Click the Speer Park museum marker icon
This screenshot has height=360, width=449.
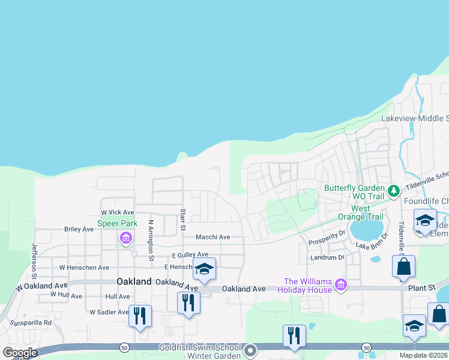pyautogui.click(x=125, y=238)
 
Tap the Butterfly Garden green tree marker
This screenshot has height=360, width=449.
pyautogui.click(x=394, y=191)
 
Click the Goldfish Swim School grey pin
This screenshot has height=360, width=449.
pyautogui.click(x=250, y=349)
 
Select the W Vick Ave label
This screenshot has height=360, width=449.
pyautogui.click(x=118, y=212)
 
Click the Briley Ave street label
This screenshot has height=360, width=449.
pyautogui.click(x=79, y=229)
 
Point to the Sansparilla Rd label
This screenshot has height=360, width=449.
pyautogui.click(x=31, y=322)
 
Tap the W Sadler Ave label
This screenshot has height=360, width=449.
pyautogui.click(x=109, y=312)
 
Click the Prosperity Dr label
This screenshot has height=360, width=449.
pyautogui.click(x=327, y=242)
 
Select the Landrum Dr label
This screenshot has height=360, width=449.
pyautogui.click(x=327, y=257)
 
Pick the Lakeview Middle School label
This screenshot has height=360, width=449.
pyautogui.click(x=415, y=118)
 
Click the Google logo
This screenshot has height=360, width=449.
pyautogui.click(x=20, y=353)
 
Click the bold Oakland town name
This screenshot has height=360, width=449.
pyautogui.click(x=134, y=281)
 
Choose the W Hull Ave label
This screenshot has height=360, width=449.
pyautogui.click(x=66, y=295)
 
